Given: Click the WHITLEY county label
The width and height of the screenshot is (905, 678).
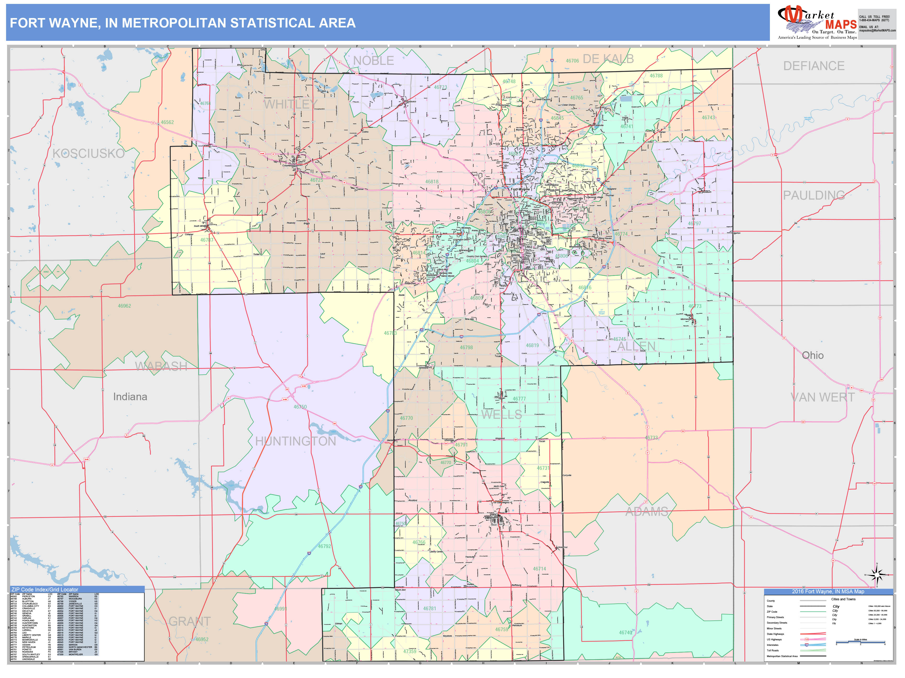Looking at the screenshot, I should click(290, 105).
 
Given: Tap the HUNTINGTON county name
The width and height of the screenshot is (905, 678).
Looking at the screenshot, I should click(295, 441).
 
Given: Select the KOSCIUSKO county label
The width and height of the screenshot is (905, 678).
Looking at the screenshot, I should click(88, 154).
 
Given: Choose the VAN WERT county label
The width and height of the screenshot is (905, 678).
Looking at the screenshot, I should click(822, 397).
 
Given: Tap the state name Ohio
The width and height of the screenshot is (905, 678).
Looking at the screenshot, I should click(813, 355).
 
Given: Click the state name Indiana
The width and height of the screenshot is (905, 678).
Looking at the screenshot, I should click(130, 397).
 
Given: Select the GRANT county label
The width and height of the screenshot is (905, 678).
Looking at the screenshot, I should click(189, 621).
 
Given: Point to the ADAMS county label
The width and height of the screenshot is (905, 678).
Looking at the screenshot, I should click(647, 512).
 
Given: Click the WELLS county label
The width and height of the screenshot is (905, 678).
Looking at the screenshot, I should click(501, 415).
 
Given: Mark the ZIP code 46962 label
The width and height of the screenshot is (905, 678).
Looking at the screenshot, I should click(124, 306).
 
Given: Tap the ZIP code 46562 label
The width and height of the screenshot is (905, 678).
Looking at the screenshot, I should click(167, 122).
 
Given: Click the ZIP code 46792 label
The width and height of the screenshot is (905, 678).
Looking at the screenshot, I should click(324, 546).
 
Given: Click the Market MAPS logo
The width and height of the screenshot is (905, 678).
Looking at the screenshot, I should click(817, 22).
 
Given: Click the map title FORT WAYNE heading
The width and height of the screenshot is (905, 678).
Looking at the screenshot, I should click(183, 23).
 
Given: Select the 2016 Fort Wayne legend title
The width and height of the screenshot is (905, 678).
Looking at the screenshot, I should click(828, 591).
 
